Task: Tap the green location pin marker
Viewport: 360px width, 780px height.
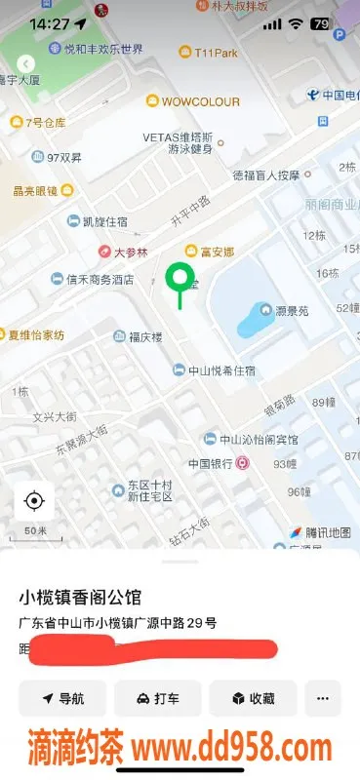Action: [x=179, y=279]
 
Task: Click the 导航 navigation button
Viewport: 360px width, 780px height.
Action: [x=62, y=698]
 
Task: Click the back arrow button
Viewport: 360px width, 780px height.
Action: [x=26, y=62]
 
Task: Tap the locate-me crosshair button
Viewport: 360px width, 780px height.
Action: [x=34, y=501]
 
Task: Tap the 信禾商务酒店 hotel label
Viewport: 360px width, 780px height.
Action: [x=99, y=280]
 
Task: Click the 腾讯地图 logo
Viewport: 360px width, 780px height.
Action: [x=320, y=532]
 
